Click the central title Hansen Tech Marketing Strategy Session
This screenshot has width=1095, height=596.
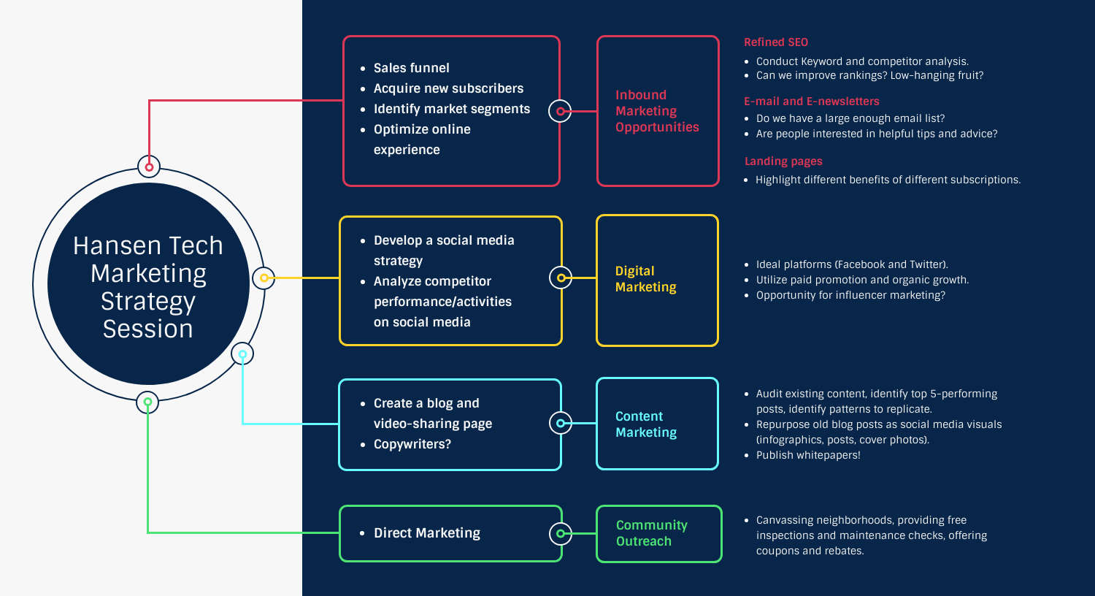[148, 287]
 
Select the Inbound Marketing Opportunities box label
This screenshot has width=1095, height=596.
[656, 111]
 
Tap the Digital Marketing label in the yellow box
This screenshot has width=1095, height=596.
[645, 279]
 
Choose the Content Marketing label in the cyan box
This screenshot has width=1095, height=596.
[645, 424]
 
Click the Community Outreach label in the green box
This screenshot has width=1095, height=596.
[651, 533]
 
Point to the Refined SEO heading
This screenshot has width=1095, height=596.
[776, 42]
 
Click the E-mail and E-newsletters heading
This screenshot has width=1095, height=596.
[811, 102]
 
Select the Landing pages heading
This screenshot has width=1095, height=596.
[783, 161]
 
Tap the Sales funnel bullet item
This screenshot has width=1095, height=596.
[411, 68]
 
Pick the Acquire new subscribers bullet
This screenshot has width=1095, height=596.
[448, 88]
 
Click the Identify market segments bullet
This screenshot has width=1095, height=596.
[451, 109]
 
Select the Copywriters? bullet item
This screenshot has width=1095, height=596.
[412, 444]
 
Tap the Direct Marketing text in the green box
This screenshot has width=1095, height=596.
[426, 533]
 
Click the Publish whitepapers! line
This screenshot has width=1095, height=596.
[807, 455]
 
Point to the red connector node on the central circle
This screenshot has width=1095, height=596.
[149, 167]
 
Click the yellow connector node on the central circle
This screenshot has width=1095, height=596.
[264, 278]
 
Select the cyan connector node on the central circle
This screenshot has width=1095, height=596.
[242, 354]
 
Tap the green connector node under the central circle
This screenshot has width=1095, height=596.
[147, 402]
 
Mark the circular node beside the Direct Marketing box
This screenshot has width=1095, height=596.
[560, 534]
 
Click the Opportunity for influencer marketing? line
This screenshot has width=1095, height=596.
[850, 295]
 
